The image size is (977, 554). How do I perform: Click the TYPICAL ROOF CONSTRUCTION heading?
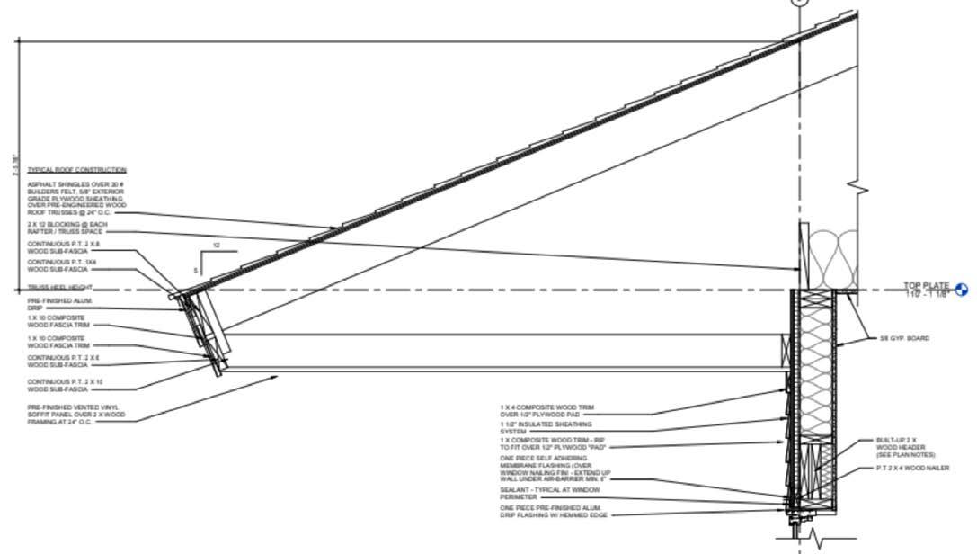(76, 170)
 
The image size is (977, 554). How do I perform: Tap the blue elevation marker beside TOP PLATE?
(962, 290)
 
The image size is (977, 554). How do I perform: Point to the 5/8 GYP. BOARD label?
(904, 339)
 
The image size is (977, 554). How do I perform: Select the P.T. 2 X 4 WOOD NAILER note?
(912, 469)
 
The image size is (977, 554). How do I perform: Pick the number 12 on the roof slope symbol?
(216, 246)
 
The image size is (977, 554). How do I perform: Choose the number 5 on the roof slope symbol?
(195, 269)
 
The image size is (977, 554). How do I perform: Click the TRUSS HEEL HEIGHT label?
(59, 288)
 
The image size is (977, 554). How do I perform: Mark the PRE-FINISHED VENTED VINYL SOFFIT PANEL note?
(76, 415)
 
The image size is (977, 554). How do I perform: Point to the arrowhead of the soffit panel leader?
(277, 379)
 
